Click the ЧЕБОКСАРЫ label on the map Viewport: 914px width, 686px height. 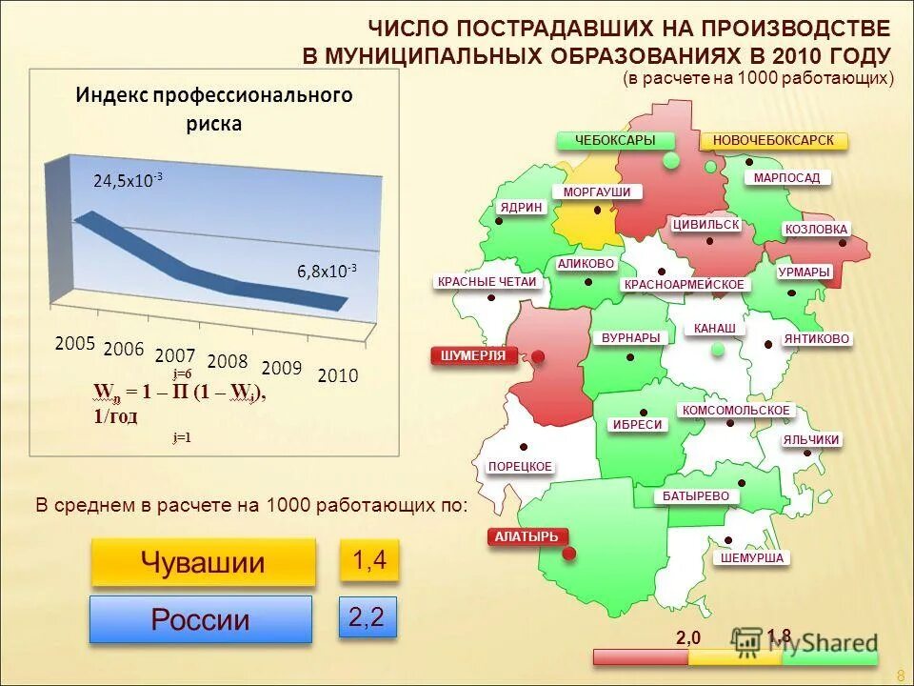tap(616, 141)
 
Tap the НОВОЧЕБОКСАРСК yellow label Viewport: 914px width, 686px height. tap(773, 141)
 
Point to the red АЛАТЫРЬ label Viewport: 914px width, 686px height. tap(526, 537)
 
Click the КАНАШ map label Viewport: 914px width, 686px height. tap(714, 329)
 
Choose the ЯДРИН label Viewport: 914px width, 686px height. tap(521, 208)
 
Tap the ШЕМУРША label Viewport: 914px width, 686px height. tap(751, 558)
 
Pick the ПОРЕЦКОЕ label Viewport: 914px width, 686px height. tap(520, 467)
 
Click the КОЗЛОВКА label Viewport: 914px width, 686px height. tap(816, 230)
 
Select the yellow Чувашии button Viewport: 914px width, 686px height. tap(203, 562)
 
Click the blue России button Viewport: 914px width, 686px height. tap(201, 619)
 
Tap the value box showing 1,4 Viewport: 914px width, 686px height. tap(368, 561)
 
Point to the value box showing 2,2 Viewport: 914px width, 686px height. tap(367, 618)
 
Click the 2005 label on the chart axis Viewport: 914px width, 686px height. tap(75, 344)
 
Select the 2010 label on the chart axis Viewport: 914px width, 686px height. tap(338, 375)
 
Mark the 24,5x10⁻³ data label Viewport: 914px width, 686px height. tap(128, 180)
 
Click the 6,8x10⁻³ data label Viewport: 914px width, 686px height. tap(327, 272)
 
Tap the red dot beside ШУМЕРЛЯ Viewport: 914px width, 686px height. tap(538, 357)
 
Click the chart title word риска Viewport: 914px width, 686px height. tap(214, 123)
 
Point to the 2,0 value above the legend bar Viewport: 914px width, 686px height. tap(688, 637)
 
